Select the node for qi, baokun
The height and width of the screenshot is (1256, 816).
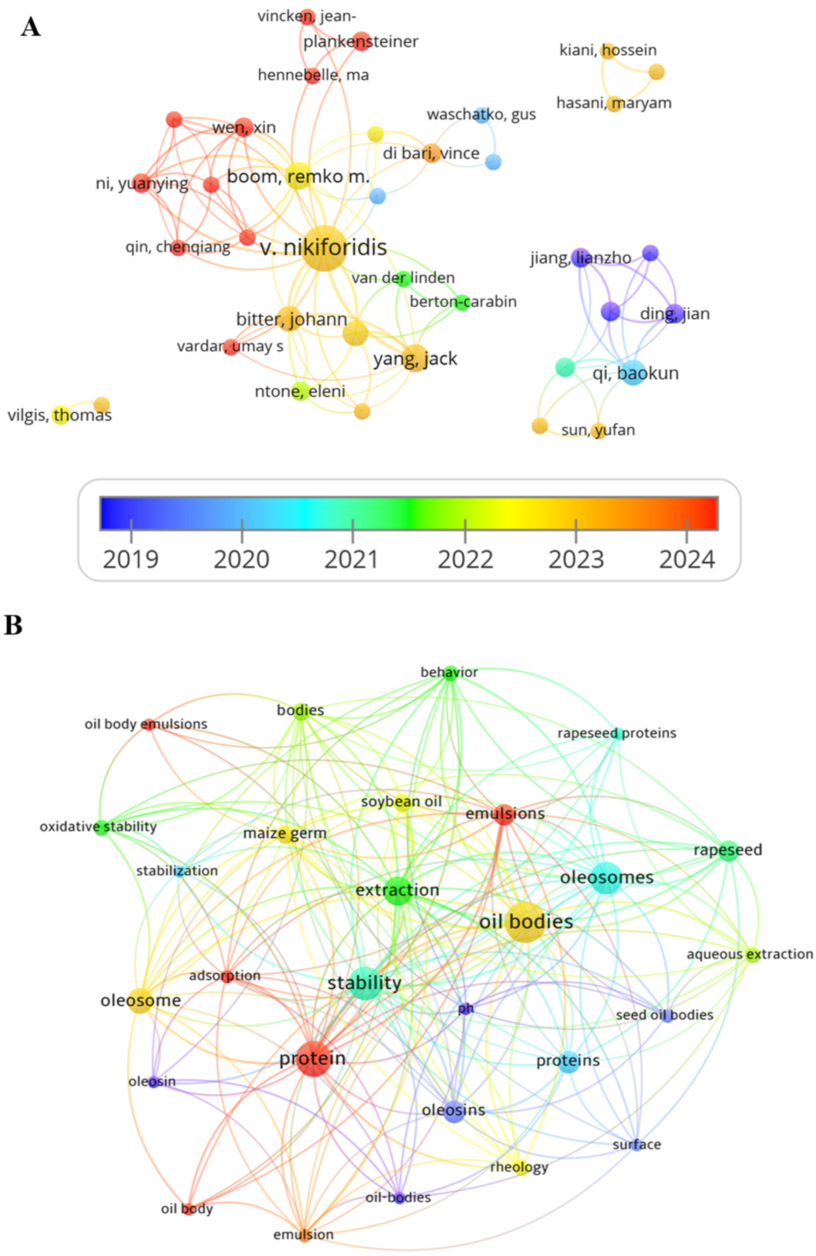coord(633,373)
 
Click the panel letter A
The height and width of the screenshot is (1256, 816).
coord(31,26)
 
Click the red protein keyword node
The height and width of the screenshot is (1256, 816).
coord(313,1058)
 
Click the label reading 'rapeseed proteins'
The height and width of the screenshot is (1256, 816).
coord(617,733)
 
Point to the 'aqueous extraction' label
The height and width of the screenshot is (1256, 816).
coord(750,954)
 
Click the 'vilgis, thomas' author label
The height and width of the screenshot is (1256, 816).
coord(60,415)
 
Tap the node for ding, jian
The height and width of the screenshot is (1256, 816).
coord(674,314)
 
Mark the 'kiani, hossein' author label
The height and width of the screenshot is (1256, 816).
coord(608,50)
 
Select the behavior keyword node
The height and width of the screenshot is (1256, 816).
coord(450,673)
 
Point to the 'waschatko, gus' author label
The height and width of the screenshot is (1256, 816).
coord(481,115)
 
